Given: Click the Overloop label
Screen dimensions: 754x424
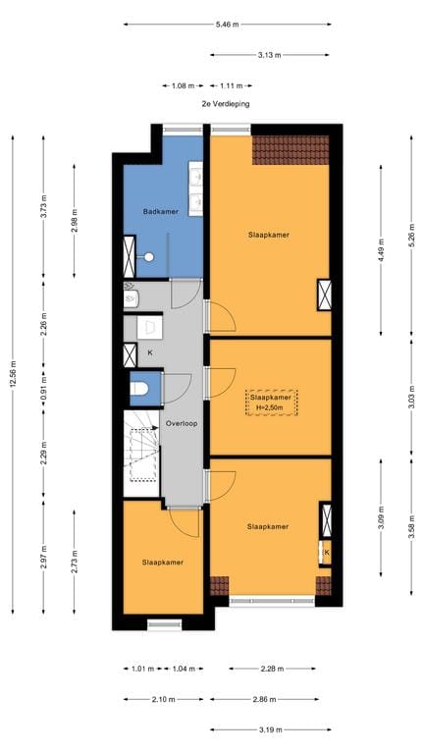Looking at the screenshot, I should coord(182,424).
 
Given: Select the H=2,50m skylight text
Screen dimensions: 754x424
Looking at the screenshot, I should coord(269,406).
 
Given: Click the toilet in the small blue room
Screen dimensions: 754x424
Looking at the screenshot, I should coord(139,389).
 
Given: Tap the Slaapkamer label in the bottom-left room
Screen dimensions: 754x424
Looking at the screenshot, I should coord(162,563).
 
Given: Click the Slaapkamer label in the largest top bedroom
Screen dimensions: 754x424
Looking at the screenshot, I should coord(268,236).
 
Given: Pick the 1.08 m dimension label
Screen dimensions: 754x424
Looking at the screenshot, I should coord(183,85).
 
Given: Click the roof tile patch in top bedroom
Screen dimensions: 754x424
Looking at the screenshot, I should coord(290,149).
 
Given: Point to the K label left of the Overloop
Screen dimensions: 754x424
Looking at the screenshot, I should coord(150,351).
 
